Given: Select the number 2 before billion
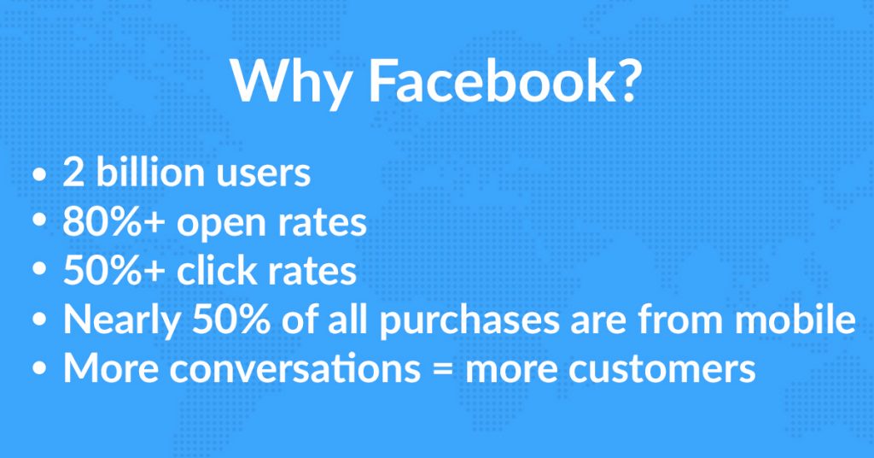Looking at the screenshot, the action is coord(73,173).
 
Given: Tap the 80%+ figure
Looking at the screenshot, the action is coord(114,221).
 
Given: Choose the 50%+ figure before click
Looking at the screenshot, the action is coord(114,271).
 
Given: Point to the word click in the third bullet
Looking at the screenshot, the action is coord(216,269).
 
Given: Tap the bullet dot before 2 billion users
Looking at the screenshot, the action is coord(39,173).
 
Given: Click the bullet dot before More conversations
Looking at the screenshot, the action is coord(39,369).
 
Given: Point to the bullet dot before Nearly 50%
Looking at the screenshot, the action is coord(39,320).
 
